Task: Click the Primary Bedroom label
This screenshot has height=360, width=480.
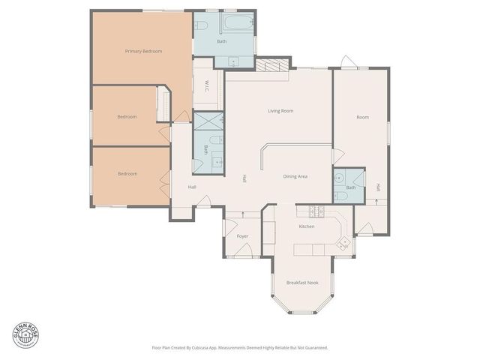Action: (143, 51)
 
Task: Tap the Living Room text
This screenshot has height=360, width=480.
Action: (280, 111)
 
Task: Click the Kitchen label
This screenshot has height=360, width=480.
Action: (307, 226)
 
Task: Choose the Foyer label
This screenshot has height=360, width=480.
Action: (242, 236)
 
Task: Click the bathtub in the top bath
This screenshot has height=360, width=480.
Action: (239, 25)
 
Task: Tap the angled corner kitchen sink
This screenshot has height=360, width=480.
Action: (343, 242)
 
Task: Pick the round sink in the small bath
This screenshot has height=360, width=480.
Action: (339, 178)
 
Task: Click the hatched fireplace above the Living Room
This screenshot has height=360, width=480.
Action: (272, 64)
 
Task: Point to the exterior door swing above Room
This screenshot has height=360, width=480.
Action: (344, 62)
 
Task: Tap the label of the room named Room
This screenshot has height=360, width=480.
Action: (362, 118)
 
